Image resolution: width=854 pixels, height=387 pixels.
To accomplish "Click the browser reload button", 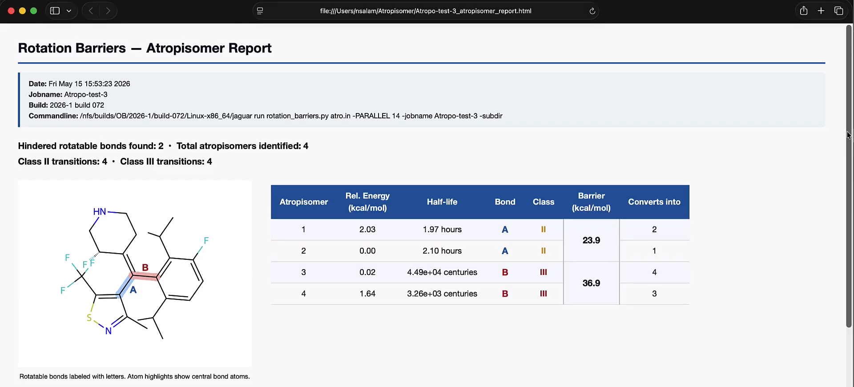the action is coord(592,11).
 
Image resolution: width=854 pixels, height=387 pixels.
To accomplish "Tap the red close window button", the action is coord(11,11).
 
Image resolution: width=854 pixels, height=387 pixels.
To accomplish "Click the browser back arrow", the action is coord(91,11).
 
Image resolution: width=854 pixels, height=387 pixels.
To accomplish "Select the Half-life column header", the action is coord(442,202).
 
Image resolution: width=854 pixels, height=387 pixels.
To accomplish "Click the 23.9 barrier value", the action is coord(591,240).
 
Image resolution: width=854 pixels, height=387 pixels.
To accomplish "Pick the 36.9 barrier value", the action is coord(591,283).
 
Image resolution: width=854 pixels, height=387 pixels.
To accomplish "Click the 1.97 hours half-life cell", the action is coord(442,230).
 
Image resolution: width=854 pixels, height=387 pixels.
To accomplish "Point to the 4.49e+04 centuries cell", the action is coord(442,272).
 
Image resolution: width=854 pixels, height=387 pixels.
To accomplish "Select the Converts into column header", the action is coord(654,202).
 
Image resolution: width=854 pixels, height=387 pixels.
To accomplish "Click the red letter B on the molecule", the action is coord(145,267).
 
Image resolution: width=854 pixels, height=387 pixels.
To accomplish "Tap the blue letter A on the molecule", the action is coord(133,290).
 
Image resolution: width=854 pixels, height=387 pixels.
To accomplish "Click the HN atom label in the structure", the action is coord(100,212).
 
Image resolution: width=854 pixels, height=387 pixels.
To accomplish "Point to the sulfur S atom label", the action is coord(89,318).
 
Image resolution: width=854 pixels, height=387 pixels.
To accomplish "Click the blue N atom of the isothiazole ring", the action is coord(108,331).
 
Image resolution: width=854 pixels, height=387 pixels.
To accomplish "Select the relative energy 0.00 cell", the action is coord(367,251).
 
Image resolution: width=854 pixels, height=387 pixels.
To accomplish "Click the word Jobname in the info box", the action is coord(45,94).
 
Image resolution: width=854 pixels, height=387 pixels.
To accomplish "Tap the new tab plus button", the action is coord(821,11).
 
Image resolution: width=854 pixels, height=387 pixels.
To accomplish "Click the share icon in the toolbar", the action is coord(804,11).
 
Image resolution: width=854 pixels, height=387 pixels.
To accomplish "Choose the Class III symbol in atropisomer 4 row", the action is coord(543,294).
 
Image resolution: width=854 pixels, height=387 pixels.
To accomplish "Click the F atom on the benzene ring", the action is coord(206,241).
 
